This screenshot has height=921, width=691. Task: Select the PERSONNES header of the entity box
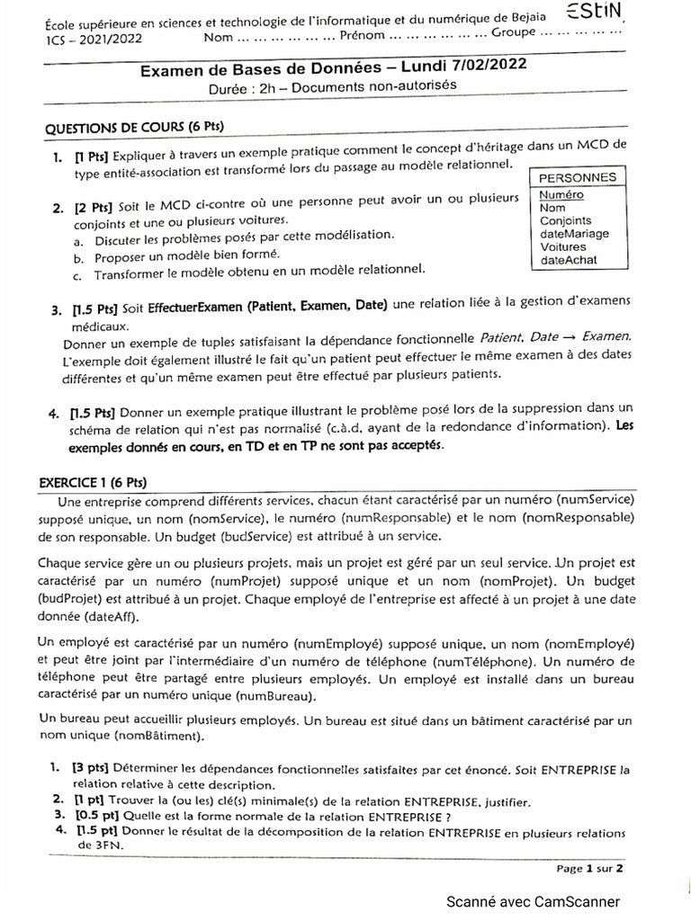pyautogui.click(x=577, y=178)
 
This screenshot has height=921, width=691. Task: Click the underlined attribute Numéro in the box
pyautogui.click(x=561, y=194)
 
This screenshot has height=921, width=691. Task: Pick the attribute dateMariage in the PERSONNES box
pyautogui.click(x=573, y=234)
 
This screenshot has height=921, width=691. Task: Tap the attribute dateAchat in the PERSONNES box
pyautogui.click(x=568, y=260)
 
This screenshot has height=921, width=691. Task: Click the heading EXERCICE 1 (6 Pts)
pyautogui.click(x=93, y=480)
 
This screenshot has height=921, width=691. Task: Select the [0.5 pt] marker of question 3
pyautogui.click(x=97, y=816)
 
